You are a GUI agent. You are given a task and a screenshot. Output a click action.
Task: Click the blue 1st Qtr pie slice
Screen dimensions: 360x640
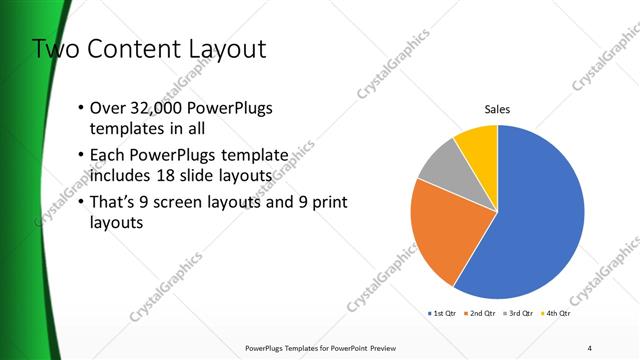tap(540, 220)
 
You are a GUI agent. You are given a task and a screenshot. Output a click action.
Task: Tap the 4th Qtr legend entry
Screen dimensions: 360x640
tap(555, 314)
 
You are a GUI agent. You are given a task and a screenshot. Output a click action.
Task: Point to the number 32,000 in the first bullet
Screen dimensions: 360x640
tap(153, 108)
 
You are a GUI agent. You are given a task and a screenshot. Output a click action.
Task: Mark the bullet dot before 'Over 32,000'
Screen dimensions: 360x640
tap(82, 108)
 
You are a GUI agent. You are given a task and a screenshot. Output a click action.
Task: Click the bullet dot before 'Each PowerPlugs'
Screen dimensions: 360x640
tap(82, 156)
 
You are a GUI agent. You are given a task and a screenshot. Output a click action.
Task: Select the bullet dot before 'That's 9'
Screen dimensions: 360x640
tap(82, 203)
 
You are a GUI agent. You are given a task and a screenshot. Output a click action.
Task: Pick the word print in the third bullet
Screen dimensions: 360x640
tap(329, 203)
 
